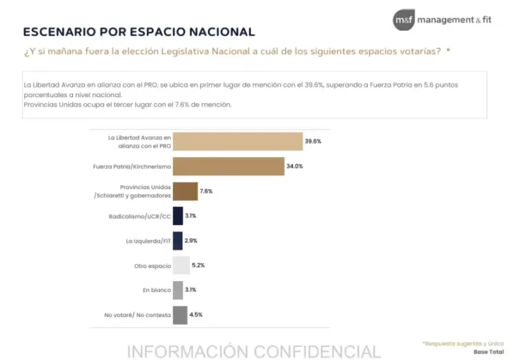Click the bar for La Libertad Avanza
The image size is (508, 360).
[x=238, y=141]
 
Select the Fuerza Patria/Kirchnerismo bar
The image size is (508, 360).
[x=228, y=166]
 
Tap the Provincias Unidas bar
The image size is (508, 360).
[x=185, y=191]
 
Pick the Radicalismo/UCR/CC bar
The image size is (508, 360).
[x=178, y=216]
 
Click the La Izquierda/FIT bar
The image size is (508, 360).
[x=177, y=241]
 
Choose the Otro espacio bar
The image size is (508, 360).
[x=182, y=265]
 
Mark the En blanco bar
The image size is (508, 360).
[x=178, y=290]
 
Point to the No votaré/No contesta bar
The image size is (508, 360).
[x=180, y=315]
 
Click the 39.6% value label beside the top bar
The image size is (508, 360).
[x=313, y=141]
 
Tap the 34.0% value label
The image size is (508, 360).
[x=294, y=166]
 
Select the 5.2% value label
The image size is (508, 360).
[x=199, y=265]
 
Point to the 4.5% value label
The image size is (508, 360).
[x=196, y=315]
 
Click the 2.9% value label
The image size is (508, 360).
[x=190, y=240]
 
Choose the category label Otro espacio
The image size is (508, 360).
[x=153, y=266]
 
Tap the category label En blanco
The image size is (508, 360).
[x=157, y=291]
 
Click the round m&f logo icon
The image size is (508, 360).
[x=404, y=20]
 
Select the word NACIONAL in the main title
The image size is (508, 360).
[x=222, y=31]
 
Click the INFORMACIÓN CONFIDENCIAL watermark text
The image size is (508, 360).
[x=254, y=351]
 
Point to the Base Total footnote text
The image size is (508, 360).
[x=488, y=352]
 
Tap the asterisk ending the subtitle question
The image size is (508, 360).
[x=448, y=50]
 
